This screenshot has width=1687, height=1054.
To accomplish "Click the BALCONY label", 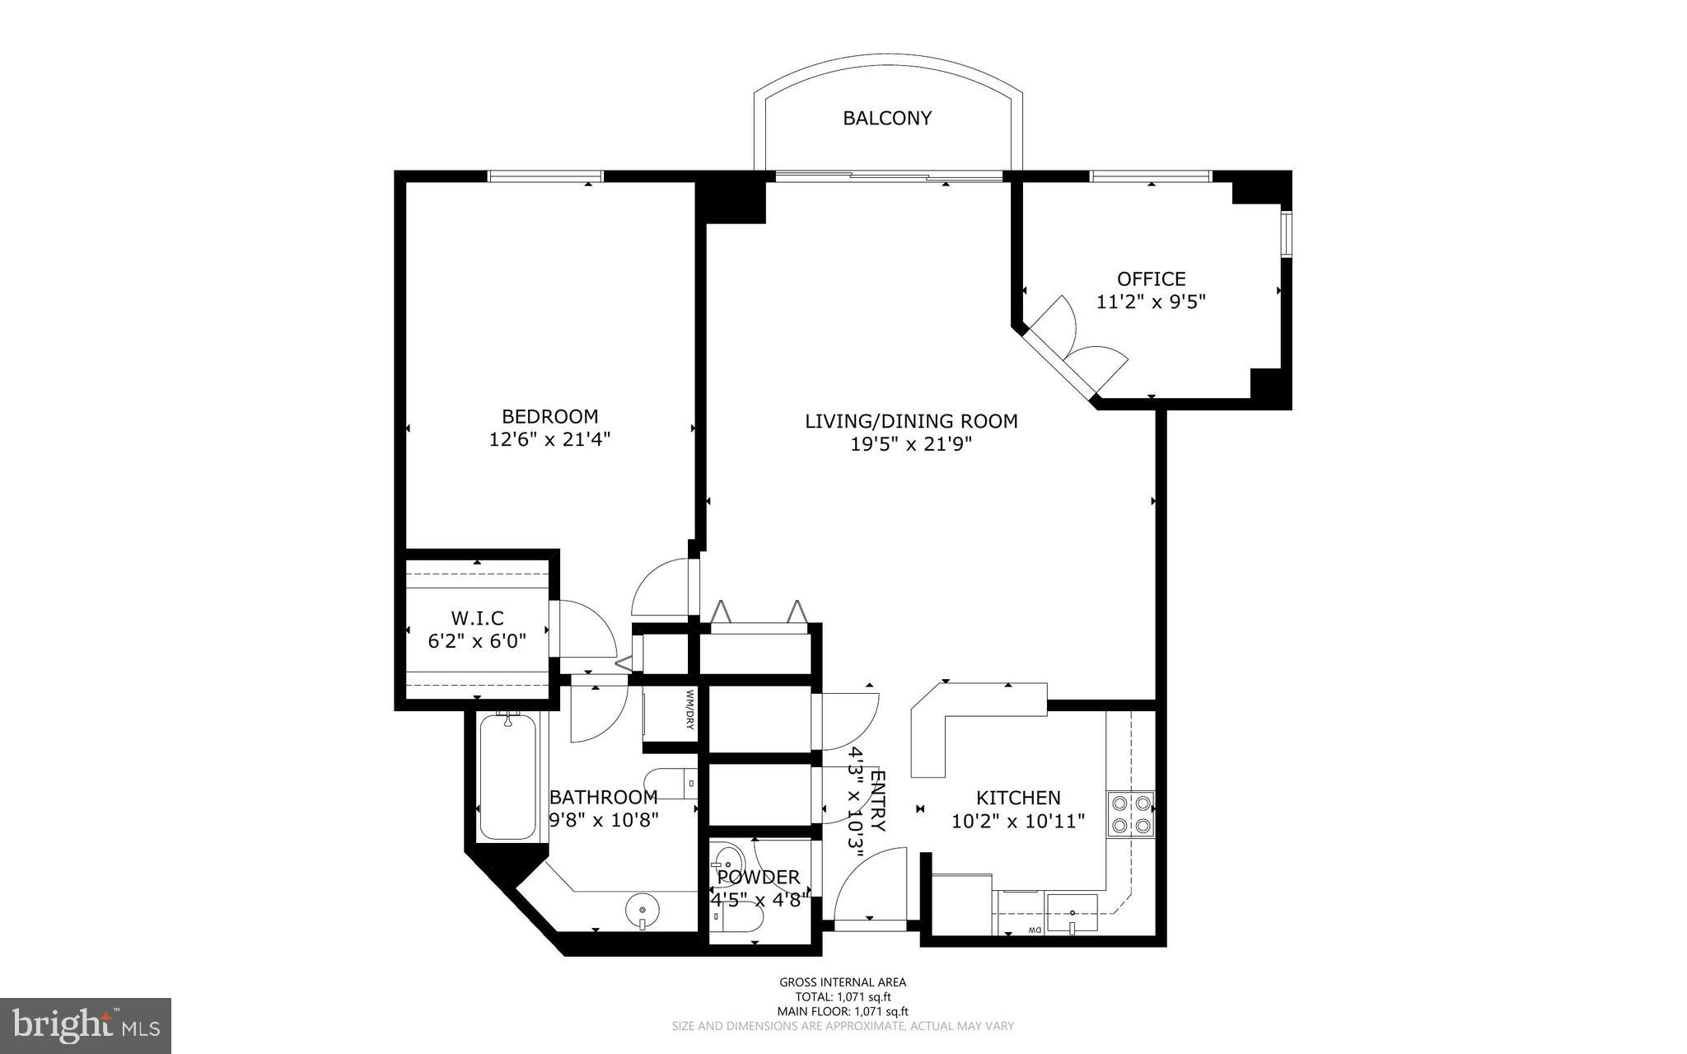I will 886,119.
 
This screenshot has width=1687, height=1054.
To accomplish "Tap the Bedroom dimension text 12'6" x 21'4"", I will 549,440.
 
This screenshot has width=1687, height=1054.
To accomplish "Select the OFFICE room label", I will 1151,279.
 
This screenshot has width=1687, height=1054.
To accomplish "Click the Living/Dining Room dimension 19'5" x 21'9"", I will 911,445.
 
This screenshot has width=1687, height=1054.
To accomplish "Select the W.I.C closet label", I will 477,618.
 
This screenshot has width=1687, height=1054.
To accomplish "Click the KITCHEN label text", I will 1018,798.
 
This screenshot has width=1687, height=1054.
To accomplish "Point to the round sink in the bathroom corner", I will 643,911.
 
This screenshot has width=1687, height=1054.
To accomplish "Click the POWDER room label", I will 758,878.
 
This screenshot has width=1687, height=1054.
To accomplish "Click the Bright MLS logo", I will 86,1026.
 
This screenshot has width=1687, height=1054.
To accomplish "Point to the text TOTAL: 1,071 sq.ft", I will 842,996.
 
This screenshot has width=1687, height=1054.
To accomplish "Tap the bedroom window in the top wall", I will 545,176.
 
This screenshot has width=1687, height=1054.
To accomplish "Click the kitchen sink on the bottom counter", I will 1072,911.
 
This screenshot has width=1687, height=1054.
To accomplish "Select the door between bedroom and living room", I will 664,587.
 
